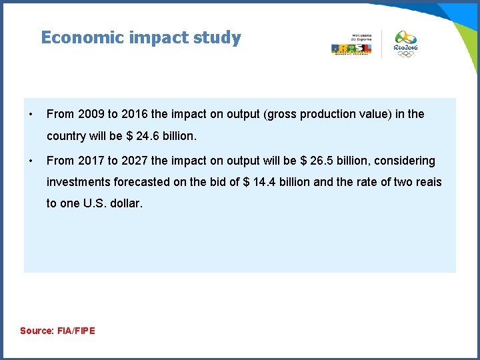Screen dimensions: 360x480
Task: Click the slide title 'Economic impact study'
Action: tap(141, 37)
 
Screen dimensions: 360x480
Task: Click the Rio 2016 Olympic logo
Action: tap(405, 44)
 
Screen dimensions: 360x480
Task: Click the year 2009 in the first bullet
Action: tap(90, 114)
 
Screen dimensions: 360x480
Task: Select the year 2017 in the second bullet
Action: tap(90, 161)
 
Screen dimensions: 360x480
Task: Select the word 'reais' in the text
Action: tap(427, 182)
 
